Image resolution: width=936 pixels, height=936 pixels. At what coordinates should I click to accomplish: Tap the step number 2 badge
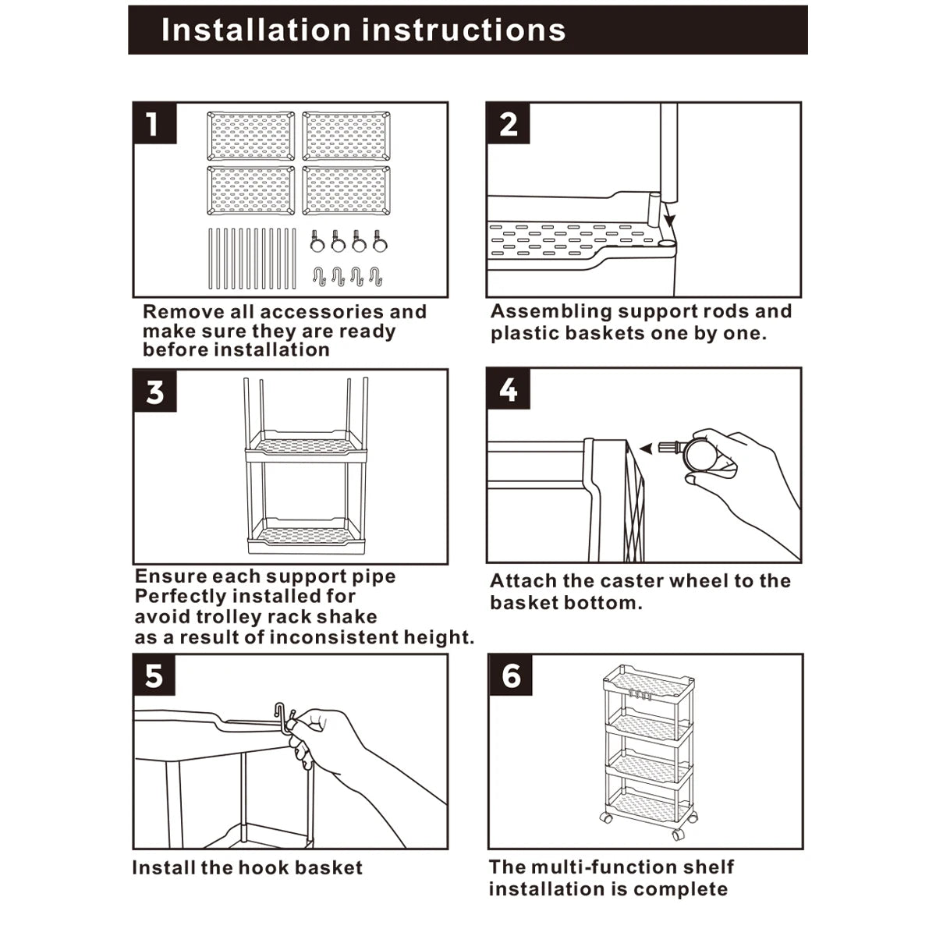click(x=508, y=123)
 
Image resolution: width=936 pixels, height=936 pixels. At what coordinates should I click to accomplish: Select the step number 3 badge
click(x=154, y=391)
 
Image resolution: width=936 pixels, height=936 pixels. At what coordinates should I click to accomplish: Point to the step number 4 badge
click(x=508, y=389)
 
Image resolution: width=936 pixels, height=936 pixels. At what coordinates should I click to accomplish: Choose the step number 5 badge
click(x=154, y=675)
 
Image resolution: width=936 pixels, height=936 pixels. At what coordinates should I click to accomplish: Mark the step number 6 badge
click(x=510, y=675)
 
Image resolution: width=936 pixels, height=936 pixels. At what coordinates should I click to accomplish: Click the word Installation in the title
click(x=254, y=30)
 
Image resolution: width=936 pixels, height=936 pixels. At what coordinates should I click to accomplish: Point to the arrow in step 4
click(x=647, y=448)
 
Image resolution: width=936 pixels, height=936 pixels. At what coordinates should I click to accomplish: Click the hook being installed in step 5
click(x=282, y=718)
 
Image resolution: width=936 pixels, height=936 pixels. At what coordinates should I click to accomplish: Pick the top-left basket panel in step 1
click(x=250, y=136)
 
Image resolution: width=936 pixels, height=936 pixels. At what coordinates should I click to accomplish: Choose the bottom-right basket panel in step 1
click(x=346, y=190)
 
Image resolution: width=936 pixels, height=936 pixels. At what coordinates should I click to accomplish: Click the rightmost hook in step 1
click(x=375, y=275)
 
